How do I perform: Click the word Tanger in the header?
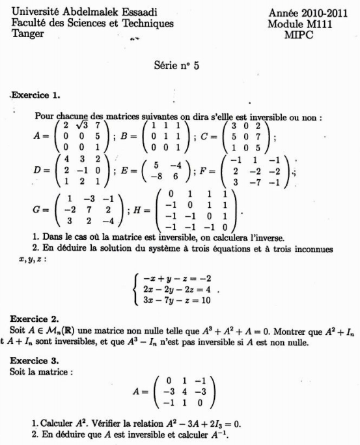[29, 34]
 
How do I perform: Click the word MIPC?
[301, 35]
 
